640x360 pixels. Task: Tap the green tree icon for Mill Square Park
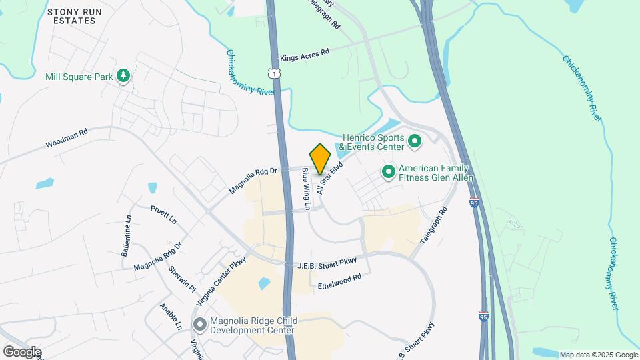123,77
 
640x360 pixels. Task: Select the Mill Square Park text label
79,77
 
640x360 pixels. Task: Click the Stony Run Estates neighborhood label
71,16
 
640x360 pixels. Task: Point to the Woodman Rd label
67,139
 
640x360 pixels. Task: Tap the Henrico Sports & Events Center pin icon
414,141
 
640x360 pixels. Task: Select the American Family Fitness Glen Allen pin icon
389,172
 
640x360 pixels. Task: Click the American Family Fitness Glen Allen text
436,173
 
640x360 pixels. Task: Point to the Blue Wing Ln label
306,189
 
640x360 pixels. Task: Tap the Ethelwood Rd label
339,281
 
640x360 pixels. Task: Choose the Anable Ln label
171,317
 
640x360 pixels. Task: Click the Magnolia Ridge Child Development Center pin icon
199,325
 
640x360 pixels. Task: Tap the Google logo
22,351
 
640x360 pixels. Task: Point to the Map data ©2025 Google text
597,355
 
